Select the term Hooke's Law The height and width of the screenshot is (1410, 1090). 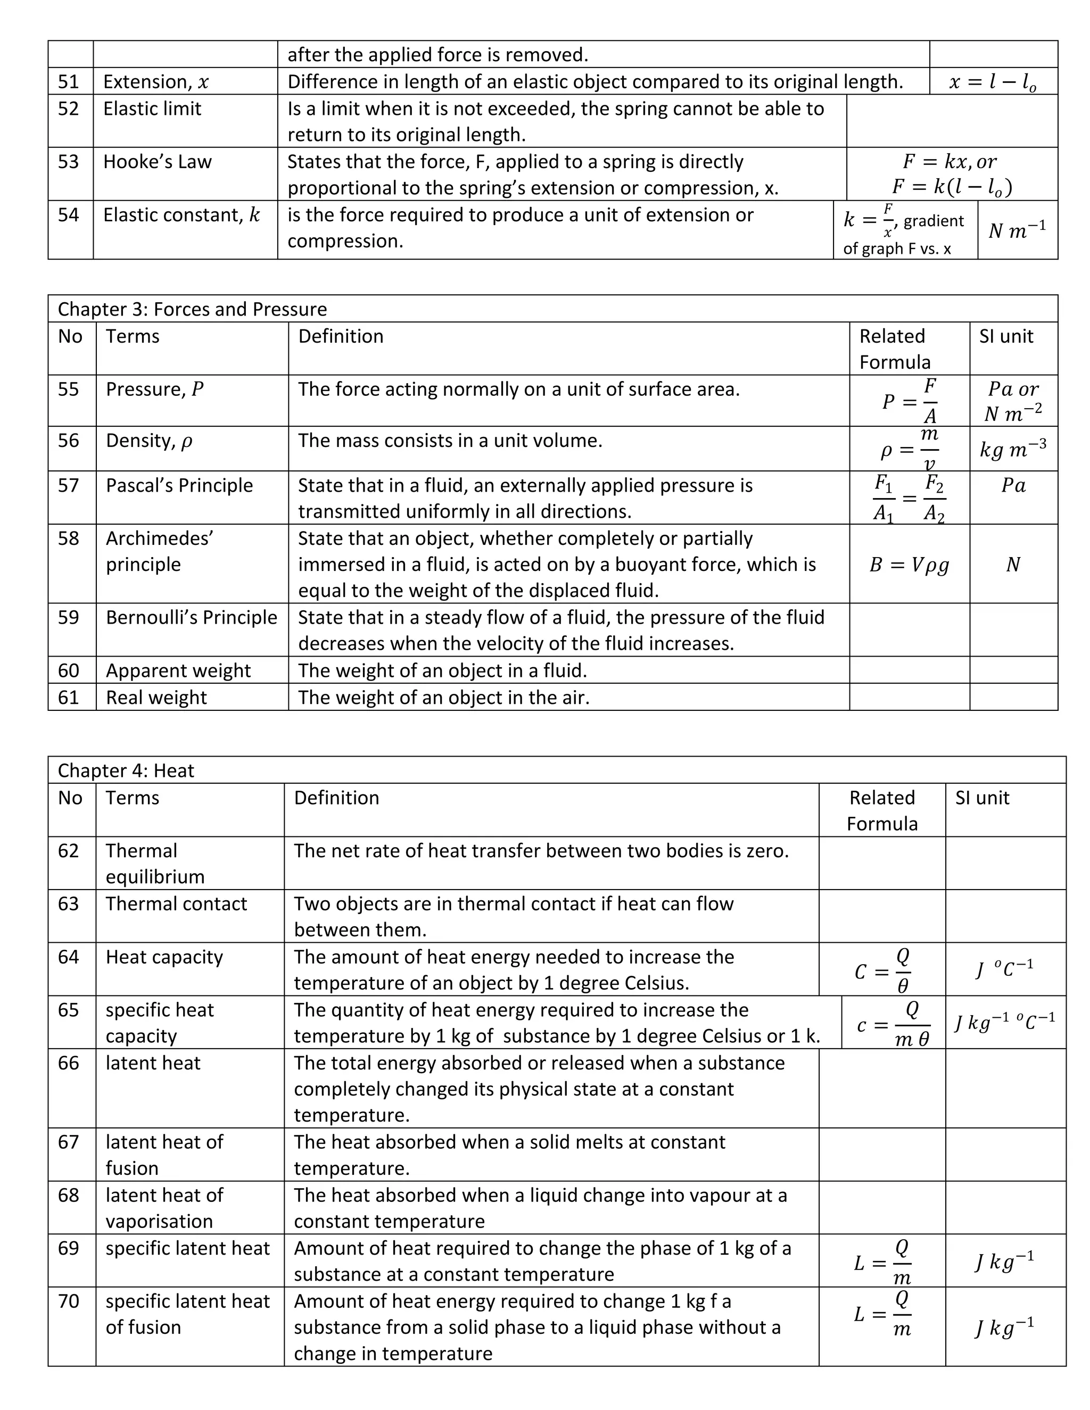(x=157, y=161)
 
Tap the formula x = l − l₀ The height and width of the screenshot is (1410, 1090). (x=993, y=82)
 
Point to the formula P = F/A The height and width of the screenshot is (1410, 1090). (x=910, y=401)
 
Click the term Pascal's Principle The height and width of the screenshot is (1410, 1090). (x=179, y=485)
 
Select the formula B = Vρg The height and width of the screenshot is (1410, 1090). (x=909, y=565)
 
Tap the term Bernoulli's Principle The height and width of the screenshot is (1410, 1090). (x=191, y=618)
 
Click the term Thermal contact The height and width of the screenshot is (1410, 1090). (x=176, y=904)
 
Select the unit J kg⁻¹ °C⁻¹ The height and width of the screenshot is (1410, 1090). (x=1005, y=1022)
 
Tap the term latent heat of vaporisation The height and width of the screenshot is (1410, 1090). (x=164, y=1208)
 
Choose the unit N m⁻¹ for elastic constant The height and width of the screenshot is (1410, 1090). (x=1017, y=230)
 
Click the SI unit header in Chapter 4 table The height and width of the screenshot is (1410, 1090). (x=981, y=798)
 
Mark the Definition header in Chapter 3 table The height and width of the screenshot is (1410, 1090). (x=340, y=336)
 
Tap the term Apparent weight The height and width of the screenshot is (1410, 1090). (x=178, y=671)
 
